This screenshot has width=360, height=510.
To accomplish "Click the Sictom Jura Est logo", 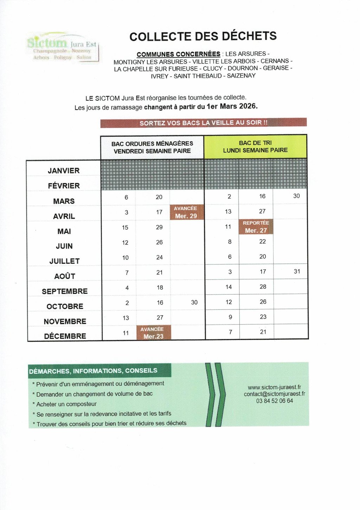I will [x=63, y=48].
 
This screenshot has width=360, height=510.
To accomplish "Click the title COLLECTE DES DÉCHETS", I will [x=203, y=36].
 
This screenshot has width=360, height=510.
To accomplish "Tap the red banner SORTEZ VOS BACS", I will [x=203, y=123].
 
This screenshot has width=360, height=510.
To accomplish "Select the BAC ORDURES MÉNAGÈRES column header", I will [x=152, y=147].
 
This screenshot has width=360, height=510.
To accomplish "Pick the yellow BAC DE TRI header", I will [x=255, y=146].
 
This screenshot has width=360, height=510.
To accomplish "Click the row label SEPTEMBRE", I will [x=65, y=291].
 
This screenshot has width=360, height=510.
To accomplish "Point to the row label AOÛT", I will [x=65, y=276].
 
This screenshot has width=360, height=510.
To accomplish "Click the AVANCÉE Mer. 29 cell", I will [x=186, y=212].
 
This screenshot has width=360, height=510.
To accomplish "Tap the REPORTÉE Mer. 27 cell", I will [x=256, y=227].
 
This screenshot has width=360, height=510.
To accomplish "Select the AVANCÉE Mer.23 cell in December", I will [x=153, y=333].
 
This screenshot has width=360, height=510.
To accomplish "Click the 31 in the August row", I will [x=297, y=271].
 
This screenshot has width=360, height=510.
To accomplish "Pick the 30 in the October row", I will [x=194, y=302].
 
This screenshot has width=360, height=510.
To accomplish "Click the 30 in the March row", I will [x=296, y=196].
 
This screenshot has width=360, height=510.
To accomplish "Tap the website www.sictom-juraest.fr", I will [x=274, y=387].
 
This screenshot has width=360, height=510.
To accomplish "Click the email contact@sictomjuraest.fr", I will [x=274, y=394].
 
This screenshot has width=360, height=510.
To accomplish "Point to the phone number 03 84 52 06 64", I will [x=274, y=401].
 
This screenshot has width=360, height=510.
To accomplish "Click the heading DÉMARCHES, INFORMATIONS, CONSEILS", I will [x=93, y=371].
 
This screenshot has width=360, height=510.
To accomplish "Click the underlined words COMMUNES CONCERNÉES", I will [x=178, y=54].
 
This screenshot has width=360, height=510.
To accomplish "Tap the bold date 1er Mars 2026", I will [x=232, y=106].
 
